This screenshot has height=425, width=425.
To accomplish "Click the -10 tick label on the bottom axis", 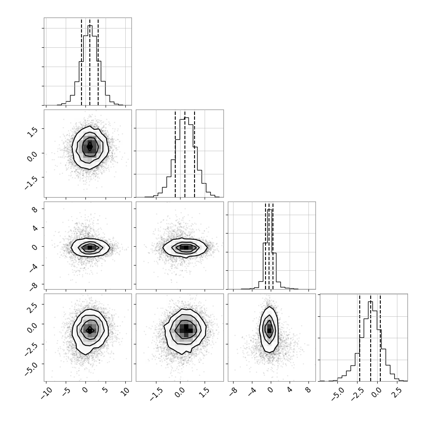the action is click(46, 393).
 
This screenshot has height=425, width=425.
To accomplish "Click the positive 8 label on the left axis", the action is click(35, 209).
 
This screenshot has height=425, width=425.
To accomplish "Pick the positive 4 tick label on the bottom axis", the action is click(290, 390).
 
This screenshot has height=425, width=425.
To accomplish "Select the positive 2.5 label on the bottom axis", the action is click(398, 392).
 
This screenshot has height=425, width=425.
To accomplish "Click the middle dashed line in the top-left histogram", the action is click(90, 62).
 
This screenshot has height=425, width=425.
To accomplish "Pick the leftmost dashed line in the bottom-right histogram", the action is click(360, 338).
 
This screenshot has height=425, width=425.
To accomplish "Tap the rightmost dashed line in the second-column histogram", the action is click(195, 154).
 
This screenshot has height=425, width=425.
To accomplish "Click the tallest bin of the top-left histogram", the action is click(90, 65).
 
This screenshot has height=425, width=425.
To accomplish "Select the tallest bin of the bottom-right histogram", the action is click(371, 341).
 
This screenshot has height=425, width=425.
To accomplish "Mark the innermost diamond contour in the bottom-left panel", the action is click(90, 330).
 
